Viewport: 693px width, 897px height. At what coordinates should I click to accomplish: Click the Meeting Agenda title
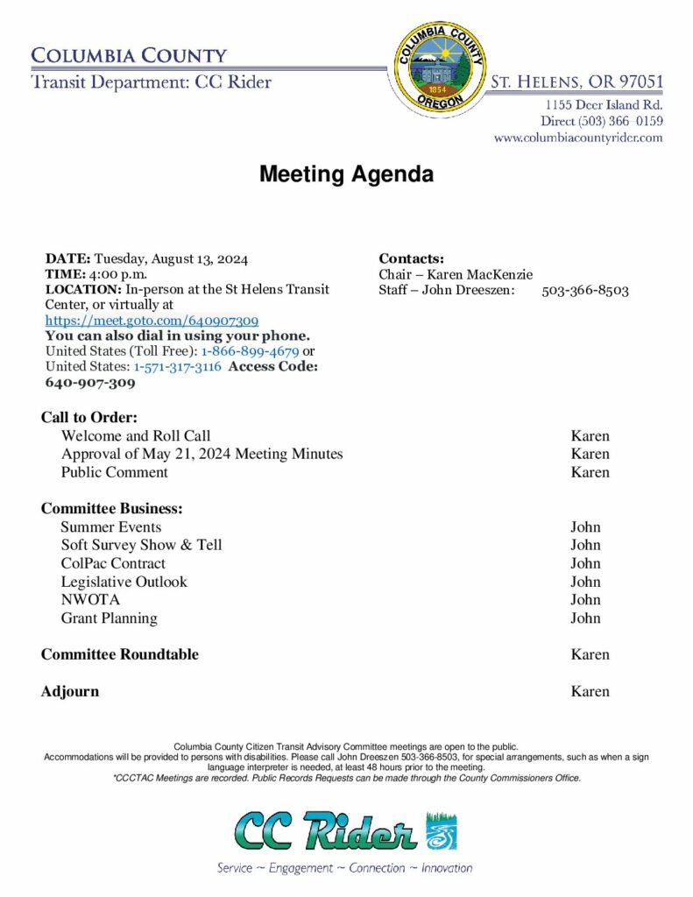[346, 174]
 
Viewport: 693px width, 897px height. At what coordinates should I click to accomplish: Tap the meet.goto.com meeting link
[152, 321]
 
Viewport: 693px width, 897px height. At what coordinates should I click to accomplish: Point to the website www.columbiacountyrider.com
[577, 138]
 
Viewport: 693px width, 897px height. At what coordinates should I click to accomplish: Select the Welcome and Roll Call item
[136, 435]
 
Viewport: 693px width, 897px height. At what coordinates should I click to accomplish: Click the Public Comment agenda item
[115, 472]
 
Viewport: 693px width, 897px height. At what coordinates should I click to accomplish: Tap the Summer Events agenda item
[111, 526]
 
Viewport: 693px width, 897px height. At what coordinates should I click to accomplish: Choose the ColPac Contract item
[113, 563]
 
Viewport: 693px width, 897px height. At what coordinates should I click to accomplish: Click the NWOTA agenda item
[90, 600]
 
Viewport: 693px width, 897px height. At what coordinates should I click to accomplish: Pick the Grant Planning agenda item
[110, 618]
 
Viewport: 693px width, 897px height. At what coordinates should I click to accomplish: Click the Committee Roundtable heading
[120, 654]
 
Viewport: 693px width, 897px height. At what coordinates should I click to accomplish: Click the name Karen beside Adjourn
[590, 691]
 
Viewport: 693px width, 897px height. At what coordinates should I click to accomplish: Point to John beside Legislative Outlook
[585, 582]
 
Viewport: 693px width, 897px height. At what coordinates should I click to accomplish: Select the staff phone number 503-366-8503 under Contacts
[584, 290]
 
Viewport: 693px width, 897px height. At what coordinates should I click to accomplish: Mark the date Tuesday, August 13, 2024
[171, 258]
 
